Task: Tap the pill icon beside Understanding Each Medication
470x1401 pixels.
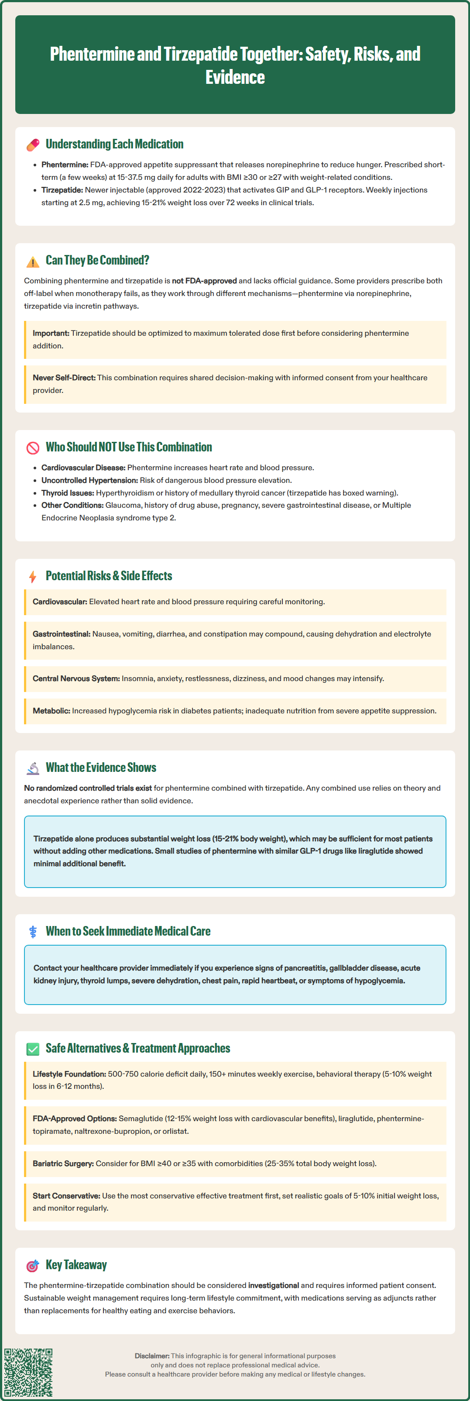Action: [33, 145]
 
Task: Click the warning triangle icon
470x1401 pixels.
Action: [33, 262]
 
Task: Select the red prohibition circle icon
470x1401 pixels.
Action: [33, 447]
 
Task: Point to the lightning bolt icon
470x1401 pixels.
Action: [33, 576]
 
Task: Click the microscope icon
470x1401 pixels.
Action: [33, 768]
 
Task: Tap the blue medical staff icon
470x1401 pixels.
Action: [33, 932]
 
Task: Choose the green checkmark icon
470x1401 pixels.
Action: [33, 1049]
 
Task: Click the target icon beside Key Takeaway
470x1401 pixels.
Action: [33, 1266]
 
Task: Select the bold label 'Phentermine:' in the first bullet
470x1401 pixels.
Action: [65, 165]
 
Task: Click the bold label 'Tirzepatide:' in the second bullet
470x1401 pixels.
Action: [62, 190]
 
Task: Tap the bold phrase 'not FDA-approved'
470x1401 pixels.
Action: [204, 281]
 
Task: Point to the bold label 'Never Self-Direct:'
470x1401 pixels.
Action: [64, 378]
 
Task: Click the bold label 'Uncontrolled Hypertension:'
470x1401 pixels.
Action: [89, 481]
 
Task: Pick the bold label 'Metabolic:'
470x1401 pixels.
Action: [51, 711]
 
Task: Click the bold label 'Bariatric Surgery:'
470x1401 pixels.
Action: [63, 1164]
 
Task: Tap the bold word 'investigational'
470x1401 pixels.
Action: [273, 1286]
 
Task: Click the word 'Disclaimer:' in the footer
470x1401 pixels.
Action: [151, 1356]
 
